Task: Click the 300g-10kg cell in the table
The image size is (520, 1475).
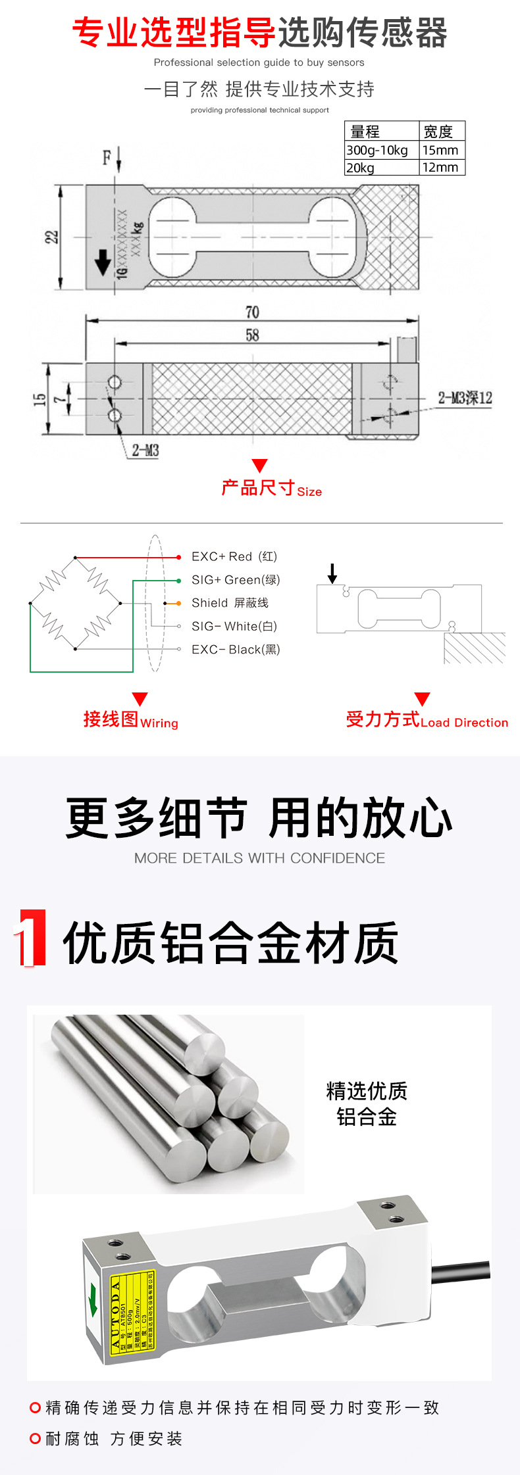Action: coord(377,150)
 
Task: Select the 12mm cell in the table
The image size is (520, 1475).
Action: coord(440,167)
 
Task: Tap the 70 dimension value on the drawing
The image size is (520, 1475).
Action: coord(252,312)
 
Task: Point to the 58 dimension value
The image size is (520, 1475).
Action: coord(252,335)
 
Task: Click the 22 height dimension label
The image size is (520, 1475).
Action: coord(51,237)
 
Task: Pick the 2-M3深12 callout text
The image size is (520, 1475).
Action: coord(465,398)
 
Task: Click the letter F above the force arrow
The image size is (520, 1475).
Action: coord(107,158)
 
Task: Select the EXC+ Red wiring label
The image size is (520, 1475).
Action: coord(234,556)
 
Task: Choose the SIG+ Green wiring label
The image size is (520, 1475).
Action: coord(236,579)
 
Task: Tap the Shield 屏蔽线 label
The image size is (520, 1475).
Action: coord(230,602)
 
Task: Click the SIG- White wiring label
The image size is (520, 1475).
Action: coord(234,626)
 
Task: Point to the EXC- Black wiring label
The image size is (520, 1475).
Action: coord(236,649)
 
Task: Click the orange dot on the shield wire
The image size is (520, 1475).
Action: coord(178,603)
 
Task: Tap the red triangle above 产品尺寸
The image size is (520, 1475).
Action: coord(260,466)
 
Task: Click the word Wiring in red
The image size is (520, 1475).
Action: coord(159,723)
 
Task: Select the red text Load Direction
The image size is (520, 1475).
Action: coord(464,723)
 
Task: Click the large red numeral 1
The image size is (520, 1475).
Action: coord(31,938)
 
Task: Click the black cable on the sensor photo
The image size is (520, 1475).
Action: coord(461,1270)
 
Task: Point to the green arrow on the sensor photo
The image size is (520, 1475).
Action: coord(93,1300)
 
